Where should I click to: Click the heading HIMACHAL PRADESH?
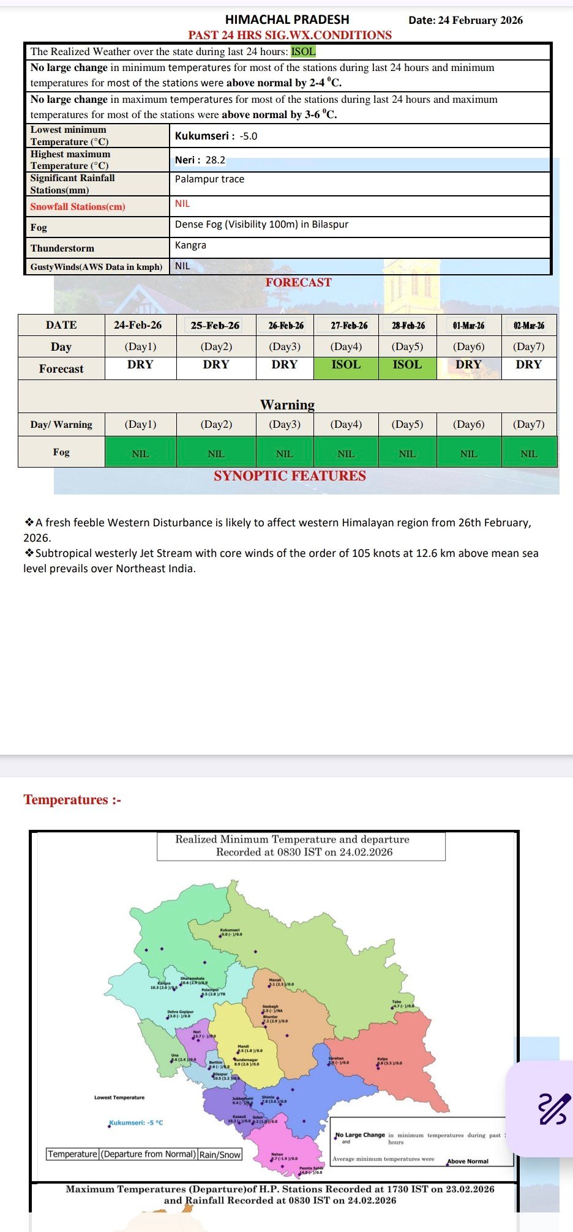[287, 20]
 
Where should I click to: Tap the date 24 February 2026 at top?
[465, 20]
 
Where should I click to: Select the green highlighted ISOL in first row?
[303, 51]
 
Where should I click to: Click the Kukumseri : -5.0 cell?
[216, 136]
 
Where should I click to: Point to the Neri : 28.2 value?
[200, 160]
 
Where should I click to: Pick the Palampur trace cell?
[209, 179]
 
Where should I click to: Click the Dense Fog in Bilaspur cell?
[261, 225]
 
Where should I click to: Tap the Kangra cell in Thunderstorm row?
[190, 245]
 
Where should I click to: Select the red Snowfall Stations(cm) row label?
[78, 207]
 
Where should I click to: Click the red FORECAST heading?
[298, 283]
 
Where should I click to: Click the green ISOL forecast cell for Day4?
[346, 365]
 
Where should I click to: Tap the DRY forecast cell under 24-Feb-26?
[140, 365]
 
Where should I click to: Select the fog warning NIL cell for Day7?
[528, 454]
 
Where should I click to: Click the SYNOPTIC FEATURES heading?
[290, 476]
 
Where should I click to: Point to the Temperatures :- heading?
[72, 800]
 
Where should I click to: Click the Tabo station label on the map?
[397, 1002]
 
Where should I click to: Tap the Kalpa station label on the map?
[383, 1059]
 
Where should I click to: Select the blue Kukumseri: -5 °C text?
[136, 1123]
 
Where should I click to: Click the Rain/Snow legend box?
[220, 1154]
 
